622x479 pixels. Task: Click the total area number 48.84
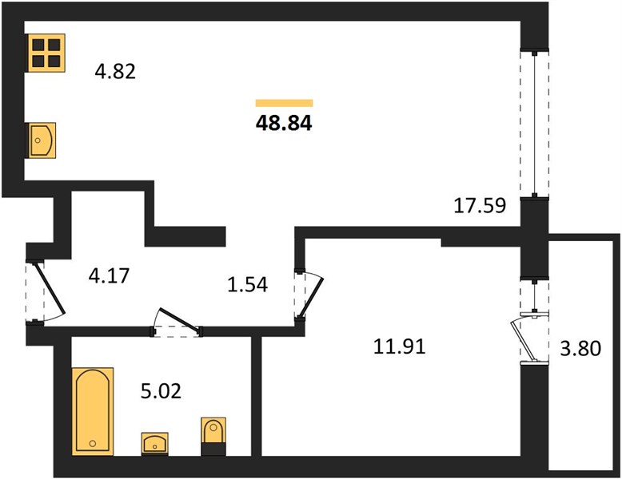(284, 123)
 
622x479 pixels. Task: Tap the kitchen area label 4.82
(115, 72)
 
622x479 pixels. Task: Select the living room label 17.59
(480, 206)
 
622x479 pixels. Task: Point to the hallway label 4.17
(109, 275)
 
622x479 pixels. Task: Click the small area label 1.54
(248, 284)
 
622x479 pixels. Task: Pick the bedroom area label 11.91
(400, 346)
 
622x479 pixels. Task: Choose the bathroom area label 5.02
(161, 391)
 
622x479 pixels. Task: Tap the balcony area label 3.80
(580, 349)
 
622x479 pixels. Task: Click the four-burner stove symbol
(46, 53)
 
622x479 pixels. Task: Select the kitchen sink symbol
(42, 141)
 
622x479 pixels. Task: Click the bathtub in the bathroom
(93, 411)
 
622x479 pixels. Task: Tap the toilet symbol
(213, 436)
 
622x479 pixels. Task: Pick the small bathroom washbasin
(155, 444)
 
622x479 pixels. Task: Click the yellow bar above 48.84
(284, 103)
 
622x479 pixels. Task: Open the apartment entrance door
(45, 292)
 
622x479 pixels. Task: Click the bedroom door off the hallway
(309, 294)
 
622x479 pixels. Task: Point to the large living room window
(534, 123)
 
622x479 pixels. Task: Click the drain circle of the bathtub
(93, 443)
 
